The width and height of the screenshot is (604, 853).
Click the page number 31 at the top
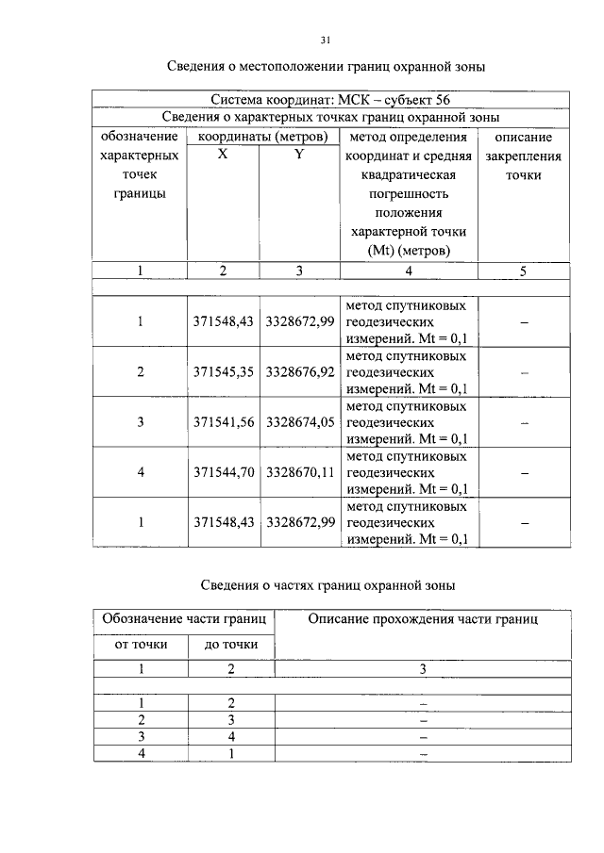coord(325,40)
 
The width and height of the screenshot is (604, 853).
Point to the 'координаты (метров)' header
coord(261,138)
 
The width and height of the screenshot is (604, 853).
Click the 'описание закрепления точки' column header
coord(523,156)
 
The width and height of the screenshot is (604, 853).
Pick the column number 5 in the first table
coord(523,271)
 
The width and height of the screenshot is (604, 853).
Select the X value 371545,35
coord(224,372)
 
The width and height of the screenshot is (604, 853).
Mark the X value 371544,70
coord(224,472)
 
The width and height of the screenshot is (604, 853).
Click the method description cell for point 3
coord(409,422)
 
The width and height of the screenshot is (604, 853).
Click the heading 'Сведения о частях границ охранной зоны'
coord(329,585)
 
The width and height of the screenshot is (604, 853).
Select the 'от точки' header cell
coord(141,645)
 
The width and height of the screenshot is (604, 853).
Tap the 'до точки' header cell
coord(231,645)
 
